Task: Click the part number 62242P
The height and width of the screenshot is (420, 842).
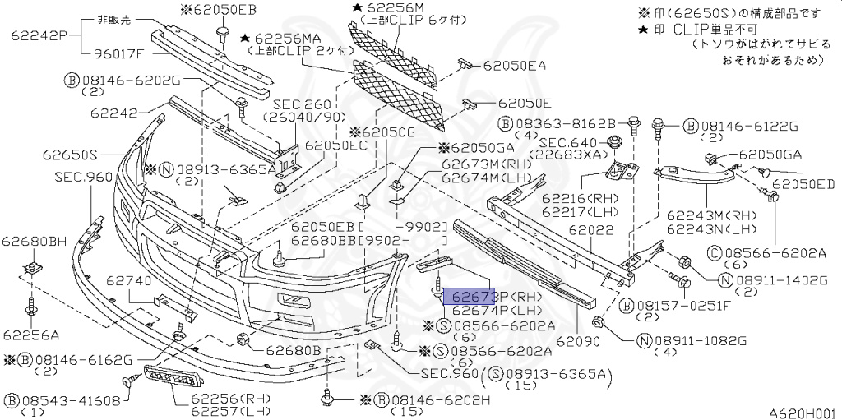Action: click(38, 35)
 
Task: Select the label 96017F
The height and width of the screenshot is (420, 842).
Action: click(115, 54)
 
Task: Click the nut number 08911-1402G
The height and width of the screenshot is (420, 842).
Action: click(775, 280)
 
